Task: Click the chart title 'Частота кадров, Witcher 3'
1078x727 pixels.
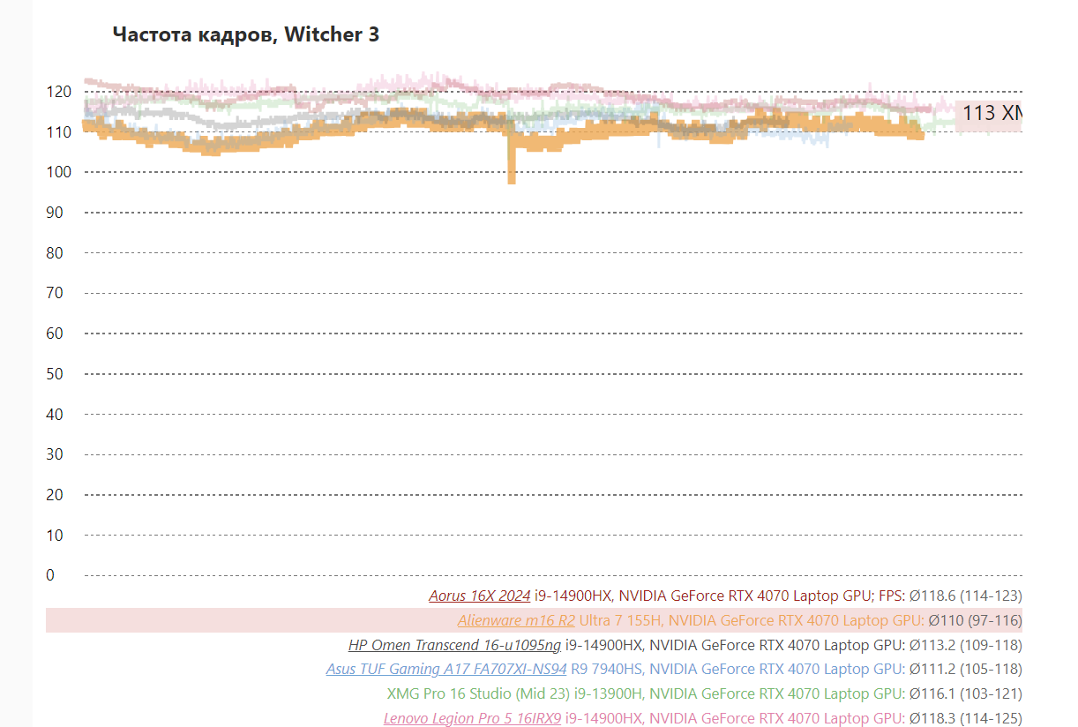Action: [246, 35]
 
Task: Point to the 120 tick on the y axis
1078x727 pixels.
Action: [58, 92]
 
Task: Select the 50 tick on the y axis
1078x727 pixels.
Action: [55, 374]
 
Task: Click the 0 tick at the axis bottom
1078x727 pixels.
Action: [50, 575]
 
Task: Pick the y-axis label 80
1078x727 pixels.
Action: [55, 253]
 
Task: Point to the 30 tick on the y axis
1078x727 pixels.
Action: [55, 454]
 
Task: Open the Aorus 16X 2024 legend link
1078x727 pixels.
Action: [480, 596]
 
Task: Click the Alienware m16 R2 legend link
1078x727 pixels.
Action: [516, 620]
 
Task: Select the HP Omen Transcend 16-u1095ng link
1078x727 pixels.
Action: [454, 645]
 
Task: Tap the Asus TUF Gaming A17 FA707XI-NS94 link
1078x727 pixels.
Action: [446, 670]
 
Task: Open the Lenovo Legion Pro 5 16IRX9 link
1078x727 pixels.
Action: [472, 718]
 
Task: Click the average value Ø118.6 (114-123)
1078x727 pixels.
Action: [966, 596]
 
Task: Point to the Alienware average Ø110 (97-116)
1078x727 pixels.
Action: [975, 620]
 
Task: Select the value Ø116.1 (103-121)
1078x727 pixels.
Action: [966, 694]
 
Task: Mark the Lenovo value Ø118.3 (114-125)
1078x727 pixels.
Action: [966, 718]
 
